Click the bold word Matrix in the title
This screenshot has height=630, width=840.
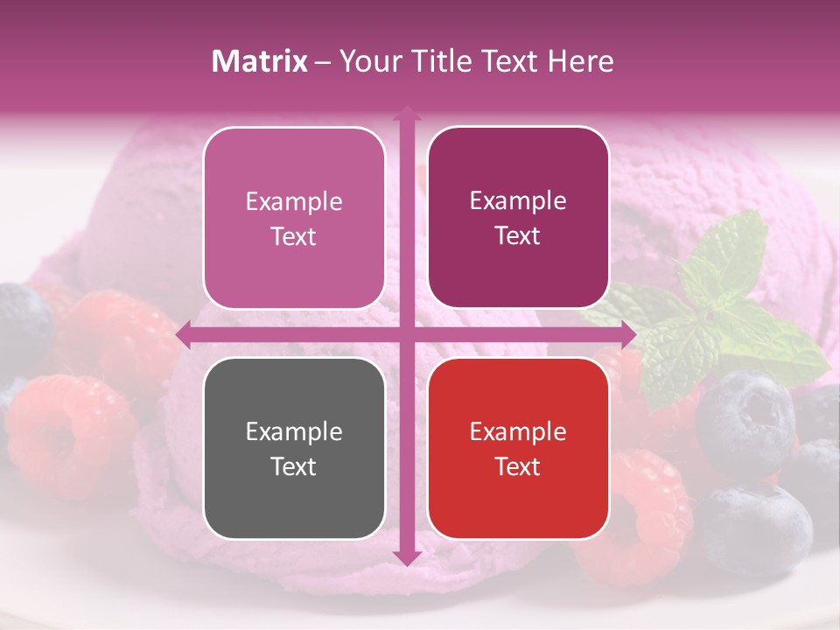[x=260, y=61]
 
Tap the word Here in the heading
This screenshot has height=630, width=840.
[x=580, y=61]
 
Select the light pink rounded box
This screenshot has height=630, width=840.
[x=294, y=218]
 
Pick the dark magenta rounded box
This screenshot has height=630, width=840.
[x=518, y=217]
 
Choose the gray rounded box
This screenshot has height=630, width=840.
[x=294, y=448]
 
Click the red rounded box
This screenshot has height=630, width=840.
[x=518, y=448]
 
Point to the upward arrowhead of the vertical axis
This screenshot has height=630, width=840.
[x=406, y=112]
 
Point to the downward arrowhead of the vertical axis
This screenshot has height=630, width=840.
[x=406, y=557]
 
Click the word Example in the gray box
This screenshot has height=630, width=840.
[x=294, y=431]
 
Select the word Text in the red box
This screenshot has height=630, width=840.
[x=518, y=466]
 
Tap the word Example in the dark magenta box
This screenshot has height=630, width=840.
[x=518, y=200]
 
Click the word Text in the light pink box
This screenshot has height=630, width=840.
[x=294, y=236]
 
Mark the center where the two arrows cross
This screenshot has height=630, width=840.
[x=406, y=333]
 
